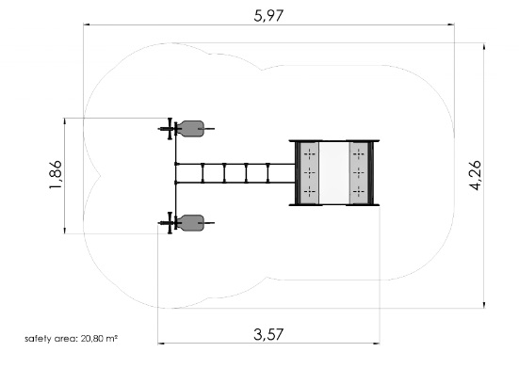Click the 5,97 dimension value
click(268, 16)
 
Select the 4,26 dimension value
click(476, 175)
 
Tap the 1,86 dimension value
click(56, 174)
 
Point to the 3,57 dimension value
click(268, 334)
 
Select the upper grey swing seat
click(191, 129)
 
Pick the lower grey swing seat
click(191, 223)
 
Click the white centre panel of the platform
click(334, 173)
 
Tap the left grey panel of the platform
click(309, 173)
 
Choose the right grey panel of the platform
click(359, 173)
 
